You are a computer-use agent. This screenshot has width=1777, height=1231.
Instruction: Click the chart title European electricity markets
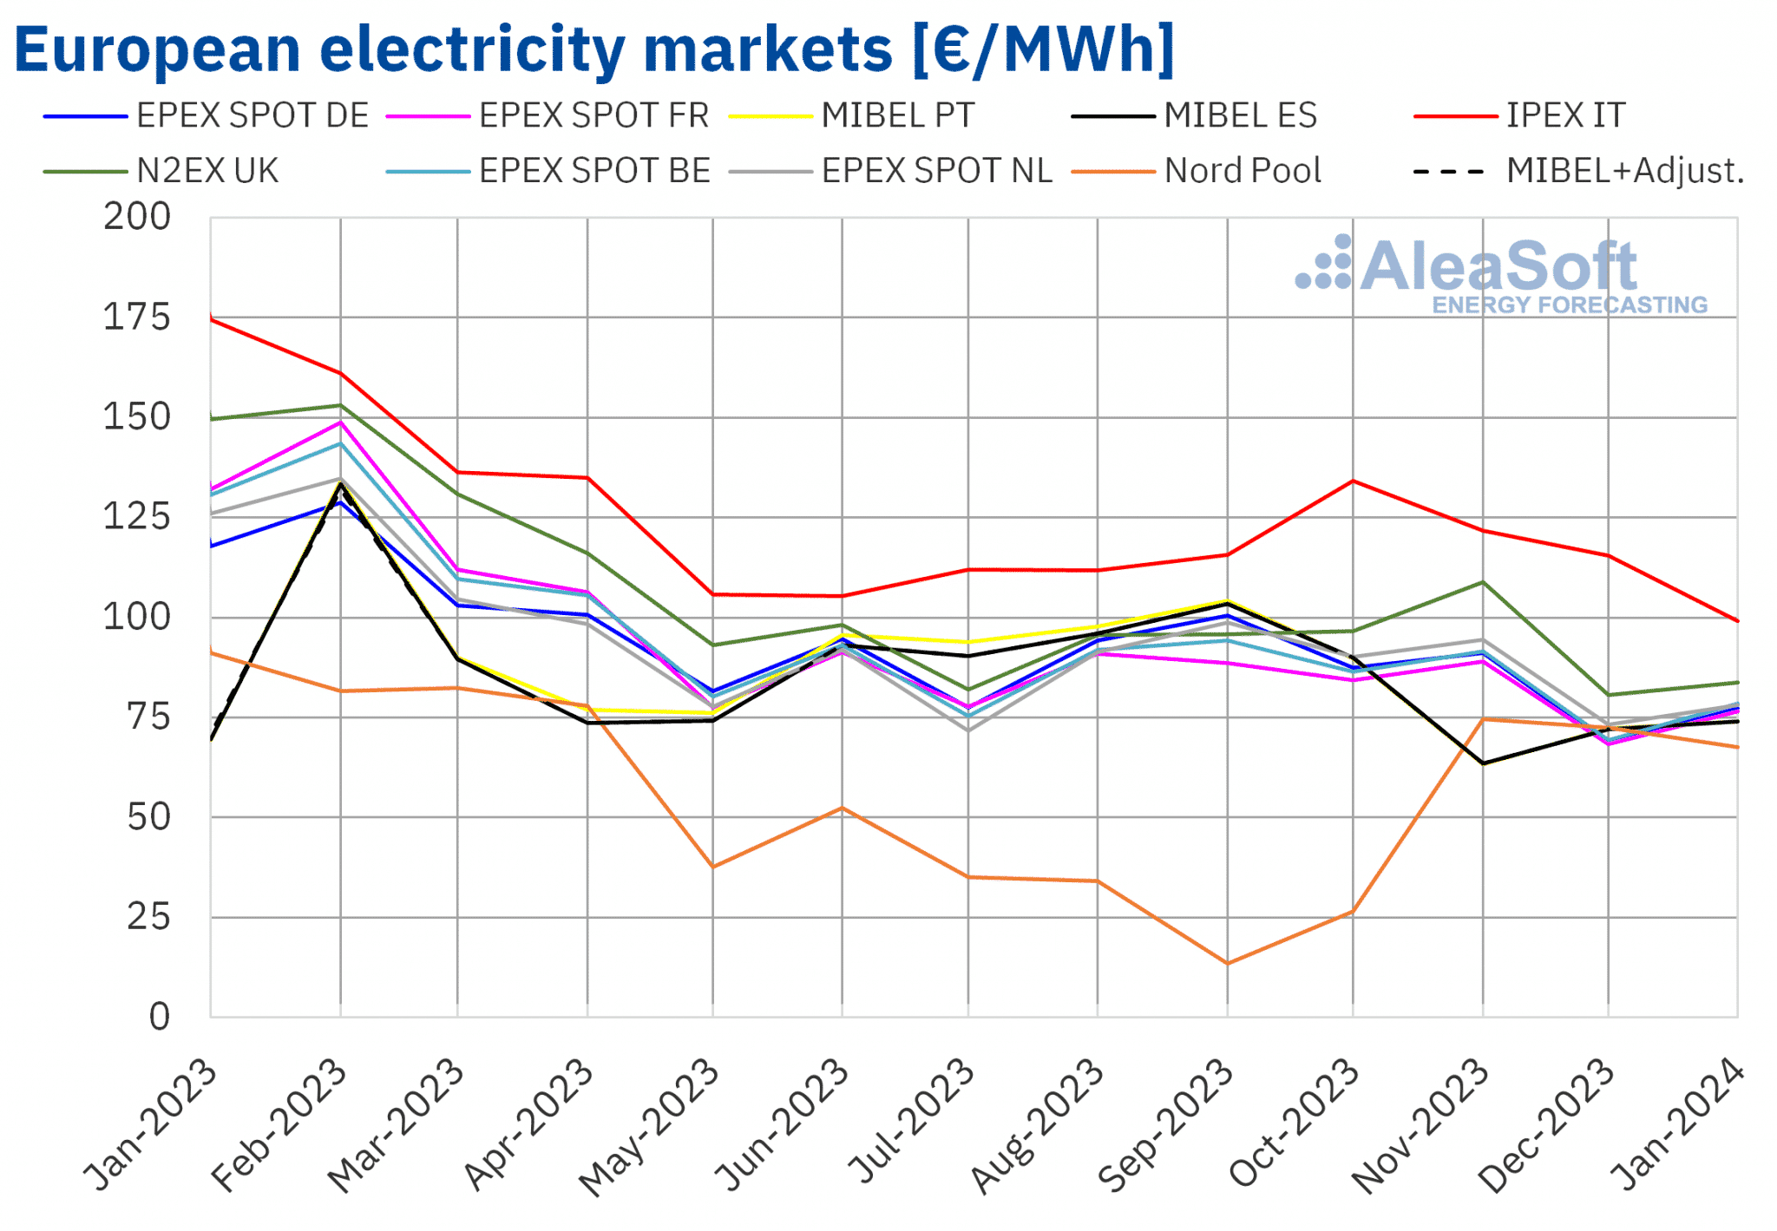pos(594,49)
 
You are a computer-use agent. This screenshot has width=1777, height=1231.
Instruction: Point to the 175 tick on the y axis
pos(137,318)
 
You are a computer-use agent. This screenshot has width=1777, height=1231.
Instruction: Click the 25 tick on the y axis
pos(148,917)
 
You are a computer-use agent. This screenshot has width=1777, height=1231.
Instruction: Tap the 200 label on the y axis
pos(137,217)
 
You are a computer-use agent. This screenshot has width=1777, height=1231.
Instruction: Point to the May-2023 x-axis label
pos(648,1128)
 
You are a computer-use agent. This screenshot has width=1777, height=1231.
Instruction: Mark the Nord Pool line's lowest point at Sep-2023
pos(1227,963)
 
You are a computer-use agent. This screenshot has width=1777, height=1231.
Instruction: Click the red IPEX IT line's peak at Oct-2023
pos(1353,481)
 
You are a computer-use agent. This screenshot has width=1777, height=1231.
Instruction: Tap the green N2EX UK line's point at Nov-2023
pos(1483,582)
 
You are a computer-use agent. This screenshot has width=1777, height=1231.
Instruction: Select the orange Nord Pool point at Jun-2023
pos(842,808)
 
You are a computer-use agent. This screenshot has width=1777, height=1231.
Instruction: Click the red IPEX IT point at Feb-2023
pos(340,373)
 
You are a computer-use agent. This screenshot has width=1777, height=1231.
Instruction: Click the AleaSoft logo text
pos(1498,266)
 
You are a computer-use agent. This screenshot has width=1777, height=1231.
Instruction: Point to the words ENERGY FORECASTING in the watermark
pos(1569,304)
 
